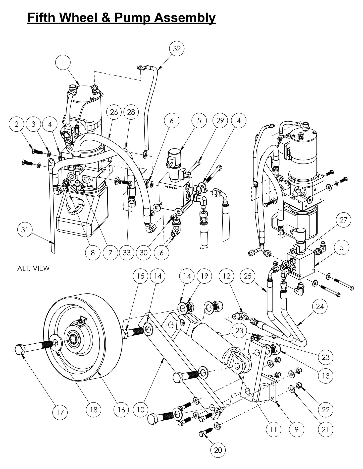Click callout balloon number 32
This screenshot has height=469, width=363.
[177, 48]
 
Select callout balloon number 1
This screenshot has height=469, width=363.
[63, 62]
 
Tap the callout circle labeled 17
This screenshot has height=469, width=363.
[60, 412]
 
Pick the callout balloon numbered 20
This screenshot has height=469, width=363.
[218, 450]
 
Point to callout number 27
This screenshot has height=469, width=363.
[343, 220]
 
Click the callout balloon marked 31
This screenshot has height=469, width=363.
[25, 229]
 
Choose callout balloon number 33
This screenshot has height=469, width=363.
[127, 252]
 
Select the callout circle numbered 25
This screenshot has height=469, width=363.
[247, 276]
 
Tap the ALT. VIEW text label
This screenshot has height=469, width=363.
[33, 268]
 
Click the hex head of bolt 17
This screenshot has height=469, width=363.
[20, 349]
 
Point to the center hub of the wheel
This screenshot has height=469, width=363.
[74, 340]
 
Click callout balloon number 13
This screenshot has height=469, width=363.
[326, 376]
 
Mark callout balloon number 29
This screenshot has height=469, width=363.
[220, 120]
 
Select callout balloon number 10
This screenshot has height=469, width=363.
[141, 410]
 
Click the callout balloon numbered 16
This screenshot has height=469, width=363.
[121, 410]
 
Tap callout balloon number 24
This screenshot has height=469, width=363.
[320, 306]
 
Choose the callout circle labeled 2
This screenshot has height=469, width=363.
[17, 124]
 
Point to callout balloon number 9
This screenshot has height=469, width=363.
[296, 429]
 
